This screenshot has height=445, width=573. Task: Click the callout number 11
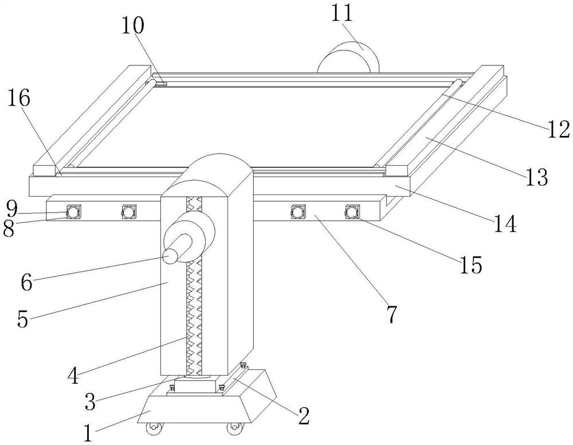coord(343,13)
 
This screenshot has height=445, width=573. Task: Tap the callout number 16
coord(19,98)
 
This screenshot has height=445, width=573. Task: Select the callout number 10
coord(133,26)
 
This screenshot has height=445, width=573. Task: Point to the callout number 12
coord(558,129)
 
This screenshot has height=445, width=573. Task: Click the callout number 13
coord(537,177)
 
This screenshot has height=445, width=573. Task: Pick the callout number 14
coord(505,224)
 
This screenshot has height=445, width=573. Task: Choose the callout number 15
coord(470,264)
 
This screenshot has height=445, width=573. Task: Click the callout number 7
coord(391,314)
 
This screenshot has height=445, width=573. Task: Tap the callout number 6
coord(27,282)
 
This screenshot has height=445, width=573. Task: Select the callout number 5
coord(23,319)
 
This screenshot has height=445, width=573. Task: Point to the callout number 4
coord(74,375)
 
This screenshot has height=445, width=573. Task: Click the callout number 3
coord(90,401)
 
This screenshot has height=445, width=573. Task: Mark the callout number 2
coord(304,416)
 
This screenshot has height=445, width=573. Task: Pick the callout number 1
coord(87,434)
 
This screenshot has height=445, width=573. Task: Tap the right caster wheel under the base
coord(234,429)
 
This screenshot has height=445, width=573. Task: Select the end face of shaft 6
coord(169,256)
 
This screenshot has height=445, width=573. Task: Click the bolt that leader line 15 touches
coord(352,212)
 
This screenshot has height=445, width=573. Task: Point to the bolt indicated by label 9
coord(73,212)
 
